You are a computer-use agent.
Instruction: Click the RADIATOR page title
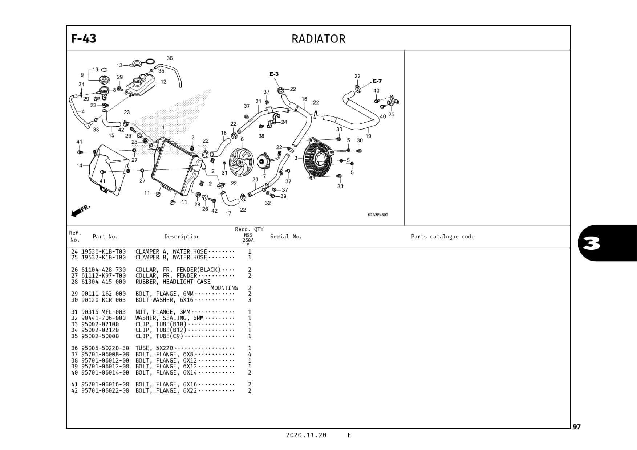(x=318, y=39)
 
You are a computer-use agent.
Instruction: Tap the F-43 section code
(x=84, y=38)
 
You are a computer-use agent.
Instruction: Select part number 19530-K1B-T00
(x=104, y=251)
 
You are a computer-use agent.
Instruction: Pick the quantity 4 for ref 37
(x=249, y=355)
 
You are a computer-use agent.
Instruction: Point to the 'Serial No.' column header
(x=286, y=237)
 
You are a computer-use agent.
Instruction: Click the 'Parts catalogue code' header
(x=442, y=237)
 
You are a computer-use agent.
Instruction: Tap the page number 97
(x=577, y=427)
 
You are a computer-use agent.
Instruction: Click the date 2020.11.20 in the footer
(x=306, y=435)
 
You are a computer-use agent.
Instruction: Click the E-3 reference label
(x=274, y=74)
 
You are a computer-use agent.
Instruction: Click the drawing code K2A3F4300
(x=377, y=215)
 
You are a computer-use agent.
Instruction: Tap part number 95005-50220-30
(x=105, y=348)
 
